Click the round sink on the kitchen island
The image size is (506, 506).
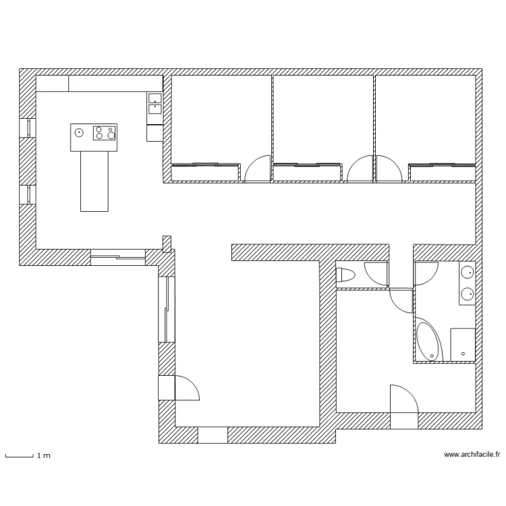79,132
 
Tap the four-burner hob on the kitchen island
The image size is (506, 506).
104,132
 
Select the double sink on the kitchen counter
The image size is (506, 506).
154,102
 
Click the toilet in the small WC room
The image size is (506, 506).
345,275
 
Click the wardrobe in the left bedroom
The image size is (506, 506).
206,173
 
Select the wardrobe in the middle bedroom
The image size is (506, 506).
307,173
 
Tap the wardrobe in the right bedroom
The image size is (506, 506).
442,173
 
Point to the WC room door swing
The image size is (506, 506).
376,273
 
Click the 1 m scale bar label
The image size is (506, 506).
43,456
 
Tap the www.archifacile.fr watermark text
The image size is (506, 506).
472,455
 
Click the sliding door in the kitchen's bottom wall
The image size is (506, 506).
117,256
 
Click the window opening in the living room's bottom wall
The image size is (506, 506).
212,435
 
